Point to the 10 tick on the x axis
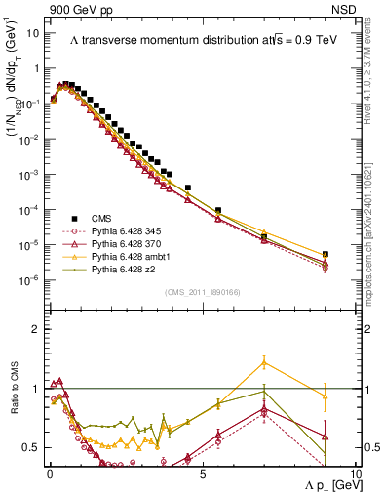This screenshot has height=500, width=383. tap(355, 472)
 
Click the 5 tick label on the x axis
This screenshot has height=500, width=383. tap(202, 472)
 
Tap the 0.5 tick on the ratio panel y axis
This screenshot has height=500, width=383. tap(32, 447)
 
